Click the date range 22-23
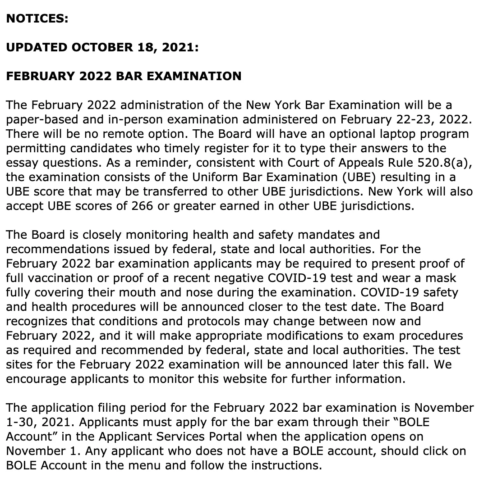pyautogui.click(x=414, y=120)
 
